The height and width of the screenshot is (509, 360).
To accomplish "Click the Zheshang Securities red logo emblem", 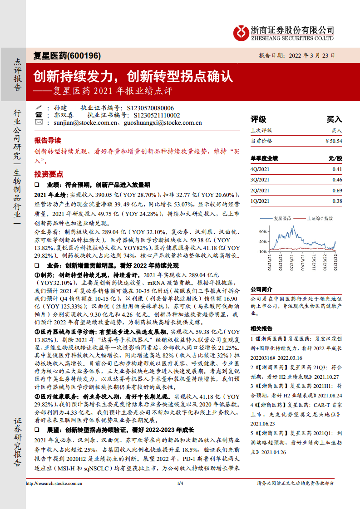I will [241, 32].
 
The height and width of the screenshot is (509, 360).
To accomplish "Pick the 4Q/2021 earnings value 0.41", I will [337, 169].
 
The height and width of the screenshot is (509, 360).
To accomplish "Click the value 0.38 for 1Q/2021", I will [337, 201].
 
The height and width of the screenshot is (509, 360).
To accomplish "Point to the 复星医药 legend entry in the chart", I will [282, 218].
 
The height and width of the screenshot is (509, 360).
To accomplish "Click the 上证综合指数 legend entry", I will [320, 218].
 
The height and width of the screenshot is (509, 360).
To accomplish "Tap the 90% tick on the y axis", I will [262, 231].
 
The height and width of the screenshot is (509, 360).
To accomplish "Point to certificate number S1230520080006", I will [151, 108].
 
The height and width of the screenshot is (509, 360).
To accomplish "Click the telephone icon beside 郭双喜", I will [39, 115].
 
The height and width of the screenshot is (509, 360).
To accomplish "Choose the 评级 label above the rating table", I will [258, 119].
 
